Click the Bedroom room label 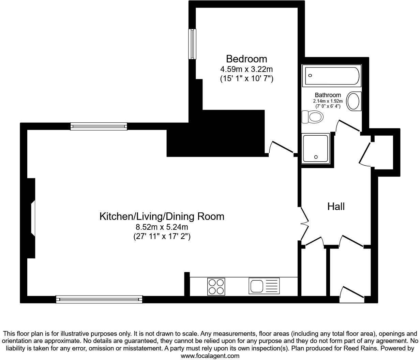point(246,59)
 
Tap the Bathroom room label point(328,95)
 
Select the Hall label point(336,206)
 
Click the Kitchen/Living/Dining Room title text point(162,216)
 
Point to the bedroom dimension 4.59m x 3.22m point(246,69)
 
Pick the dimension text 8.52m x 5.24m point(162,227)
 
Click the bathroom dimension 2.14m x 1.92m point(328,101)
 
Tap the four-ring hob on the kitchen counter point(216,286)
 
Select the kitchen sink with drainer point(264,286)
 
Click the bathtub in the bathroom point(331,76)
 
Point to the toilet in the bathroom point(312,117)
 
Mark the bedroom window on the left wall point(193,44)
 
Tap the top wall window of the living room point(99,126)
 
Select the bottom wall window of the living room point(99,299)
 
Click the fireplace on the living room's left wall point(31,218)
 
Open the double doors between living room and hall point(303,224)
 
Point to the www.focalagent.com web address point(210,356)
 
